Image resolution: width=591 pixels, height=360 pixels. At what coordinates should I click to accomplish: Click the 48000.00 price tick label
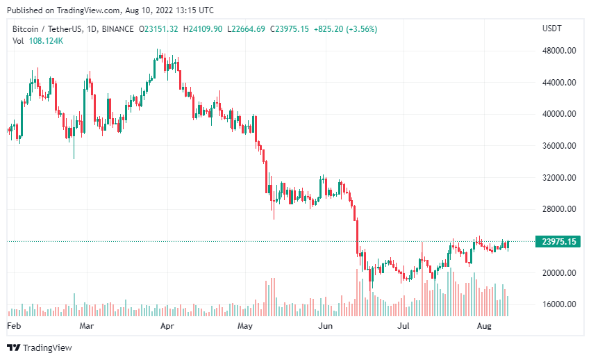pos(559,51)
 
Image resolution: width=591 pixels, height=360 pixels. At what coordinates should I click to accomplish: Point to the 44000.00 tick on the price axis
pos(559,83)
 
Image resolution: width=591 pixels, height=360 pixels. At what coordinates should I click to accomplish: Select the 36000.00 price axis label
pos(559,146)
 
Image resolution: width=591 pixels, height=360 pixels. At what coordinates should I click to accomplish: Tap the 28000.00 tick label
pos(559,209)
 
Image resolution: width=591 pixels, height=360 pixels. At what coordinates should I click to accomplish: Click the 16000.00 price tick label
pos(559,304)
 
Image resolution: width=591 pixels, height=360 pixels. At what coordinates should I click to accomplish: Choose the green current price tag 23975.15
pos(559,242)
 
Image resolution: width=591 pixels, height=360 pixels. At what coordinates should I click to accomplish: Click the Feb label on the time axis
pos(13,325)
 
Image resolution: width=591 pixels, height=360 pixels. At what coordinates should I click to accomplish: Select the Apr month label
pos(167,325)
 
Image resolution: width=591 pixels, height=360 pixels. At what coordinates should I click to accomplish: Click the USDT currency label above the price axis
pos(552,28)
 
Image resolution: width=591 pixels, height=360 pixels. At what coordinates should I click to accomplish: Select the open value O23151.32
pos(158,28)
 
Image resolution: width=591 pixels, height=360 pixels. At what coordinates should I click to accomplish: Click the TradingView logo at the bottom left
pos(40,347)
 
